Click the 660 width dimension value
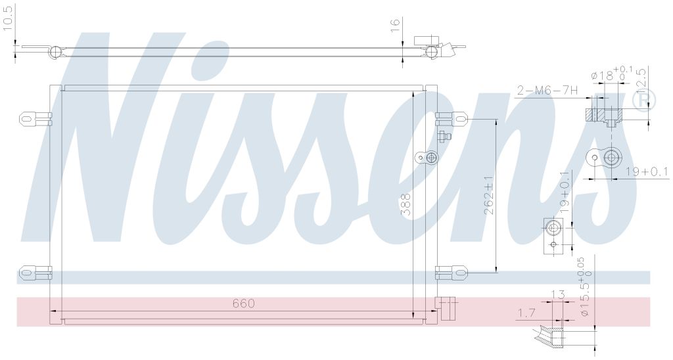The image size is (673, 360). coord(243,304)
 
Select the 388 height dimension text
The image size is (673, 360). coord(406,204)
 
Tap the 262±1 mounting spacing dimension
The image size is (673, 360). coord(489,195)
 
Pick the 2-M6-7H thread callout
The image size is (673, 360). coord(547,91)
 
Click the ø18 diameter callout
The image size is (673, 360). coord(608,75)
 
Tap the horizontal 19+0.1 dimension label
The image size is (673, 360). coord(647,172)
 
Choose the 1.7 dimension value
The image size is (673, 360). coord(526,313)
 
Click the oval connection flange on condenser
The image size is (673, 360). coord(428,158)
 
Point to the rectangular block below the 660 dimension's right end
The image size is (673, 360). coord(445,309)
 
